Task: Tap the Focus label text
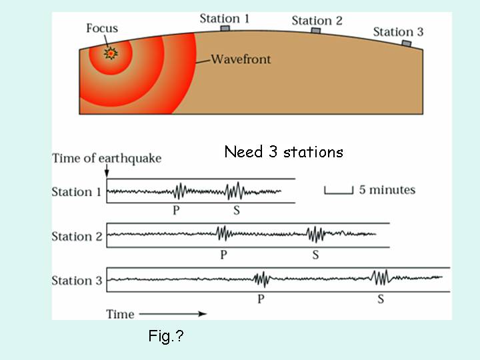102,29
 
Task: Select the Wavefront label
241,59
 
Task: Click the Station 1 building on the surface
225,29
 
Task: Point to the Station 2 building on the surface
316,31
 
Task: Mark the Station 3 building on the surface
406,43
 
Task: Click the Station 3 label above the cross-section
397,31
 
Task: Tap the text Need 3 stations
283,152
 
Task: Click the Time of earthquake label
107,159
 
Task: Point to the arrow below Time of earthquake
107,173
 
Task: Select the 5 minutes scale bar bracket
339,191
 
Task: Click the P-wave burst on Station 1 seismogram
179,191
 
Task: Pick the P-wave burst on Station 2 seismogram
223,234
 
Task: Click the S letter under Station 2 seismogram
315,255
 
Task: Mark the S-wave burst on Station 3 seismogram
381,277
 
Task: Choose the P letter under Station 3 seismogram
261,299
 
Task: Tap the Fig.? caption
165,337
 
